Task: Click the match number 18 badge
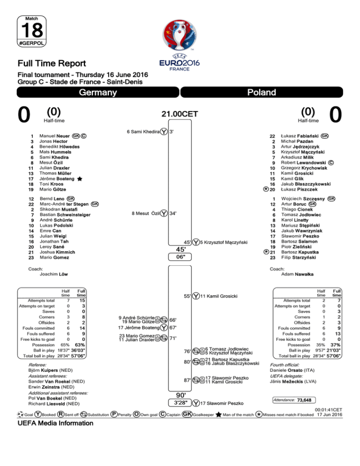pyautogui.click(x=31, y=29)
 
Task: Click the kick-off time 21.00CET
pyautogui.click(x=180, y=113)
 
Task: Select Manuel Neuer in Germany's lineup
pyautogui.click(x=54, y=136)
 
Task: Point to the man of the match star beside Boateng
pyautogui.click(x=81, y=179)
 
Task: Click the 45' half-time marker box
pyautogui.click(x=180, y=249)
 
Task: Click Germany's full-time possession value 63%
pyautogui.click(x=80, y=345)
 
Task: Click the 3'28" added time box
pyautogui.click(x=180, y=402)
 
